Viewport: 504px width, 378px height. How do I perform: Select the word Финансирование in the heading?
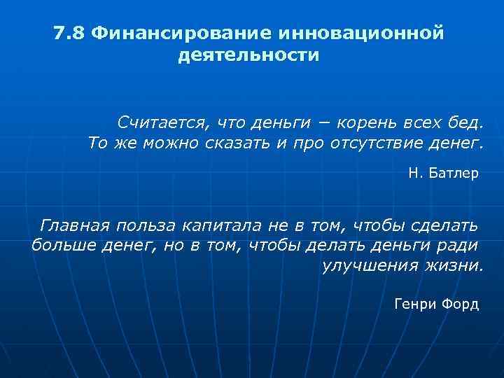[x=181, y=34]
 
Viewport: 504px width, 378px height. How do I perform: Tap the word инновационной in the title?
[x=361, y=34]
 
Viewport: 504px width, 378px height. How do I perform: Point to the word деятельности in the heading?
[x=249, y=55]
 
